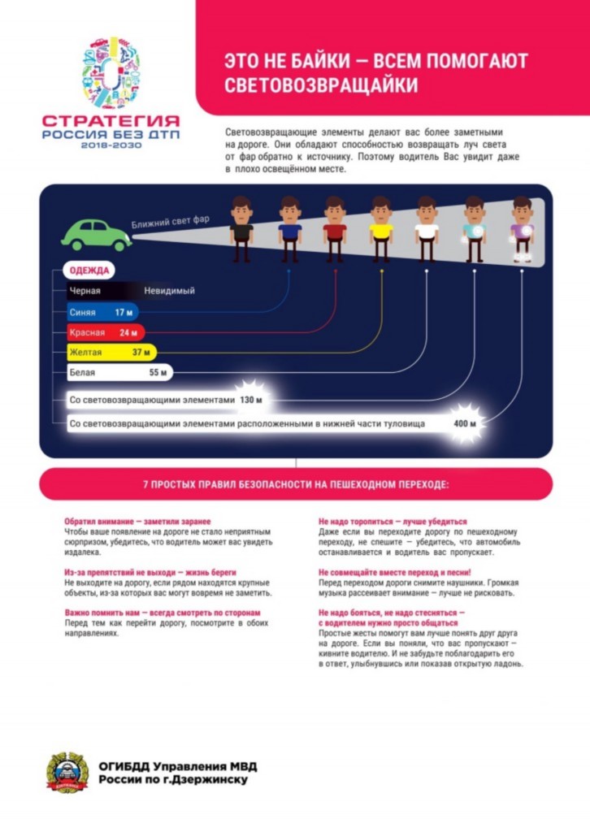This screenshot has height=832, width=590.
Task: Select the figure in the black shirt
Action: [x=241, y=229]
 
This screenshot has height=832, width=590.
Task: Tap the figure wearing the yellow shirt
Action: [x=381, y=229]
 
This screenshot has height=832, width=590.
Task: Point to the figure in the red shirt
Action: [x=335, y=229]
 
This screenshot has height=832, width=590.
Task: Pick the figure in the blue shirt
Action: [x=289, y=229]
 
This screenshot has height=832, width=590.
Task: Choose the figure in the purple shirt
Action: [x=522, y=229]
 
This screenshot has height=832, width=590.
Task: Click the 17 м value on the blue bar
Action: [x=124, y=313]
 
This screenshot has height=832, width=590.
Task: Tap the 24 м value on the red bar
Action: [x=128, y=332]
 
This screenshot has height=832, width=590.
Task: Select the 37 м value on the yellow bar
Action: [x=141, y=353]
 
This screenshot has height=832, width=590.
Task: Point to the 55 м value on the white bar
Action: [x=158, y=372]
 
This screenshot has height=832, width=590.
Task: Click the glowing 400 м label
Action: [x=465, y=423]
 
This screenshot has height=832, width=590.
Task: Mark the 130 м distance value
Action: [x=251, y=400]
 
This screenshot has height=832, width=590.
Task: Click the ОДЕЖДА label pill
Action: [x=89, y=271]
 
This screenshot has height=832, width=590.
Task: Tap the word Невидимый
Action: [x=169, y=291]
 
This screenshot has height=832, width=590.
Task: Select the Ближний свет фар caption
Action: [x=171, y=221]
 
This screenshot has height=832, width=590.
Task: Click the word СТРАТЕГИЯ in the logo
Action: [x=111, y=122]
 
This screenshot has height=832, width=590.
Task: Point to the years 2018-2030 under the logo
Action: [x=111, y=145]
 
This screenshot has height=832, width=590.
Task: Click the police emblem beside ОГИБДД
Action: [x=67, y=773]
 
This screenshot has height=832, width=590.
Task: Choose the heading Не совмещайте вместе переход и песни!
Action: [x=395, y=573]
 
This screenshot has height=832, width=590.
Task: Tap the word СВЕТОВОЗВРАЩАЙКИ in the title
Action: [x=321, y=85]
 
